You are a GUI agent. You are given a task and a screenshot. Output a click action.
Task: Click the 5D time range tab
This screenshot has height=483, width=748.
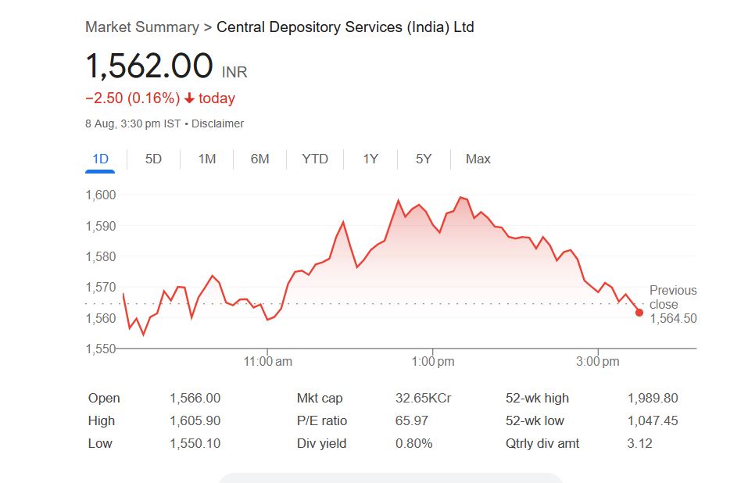[x=153, y=159]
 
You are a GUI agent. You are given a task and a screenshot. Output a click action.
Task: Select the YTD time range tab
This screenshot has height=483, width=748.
[x=315, y=159]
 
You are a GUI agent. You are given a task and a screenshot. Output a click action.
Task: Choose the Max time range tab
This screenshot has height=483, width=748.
[x=478, y=159]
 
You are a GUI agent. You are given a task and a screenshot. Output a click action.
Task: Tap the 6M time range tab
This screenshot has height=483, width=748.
[x=259, y=159]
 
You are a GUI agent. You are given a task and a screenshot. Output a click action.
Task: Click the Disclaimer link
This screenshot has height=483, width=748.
[x=217, y=123]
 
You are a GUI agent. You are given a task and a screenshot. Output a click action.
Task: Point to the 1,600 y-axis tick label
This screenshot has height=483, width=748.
[x=100, y=195]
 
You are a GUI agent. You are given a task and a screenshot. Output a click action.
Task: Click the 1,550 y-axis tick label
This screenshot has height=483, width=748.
[x=100, y=349]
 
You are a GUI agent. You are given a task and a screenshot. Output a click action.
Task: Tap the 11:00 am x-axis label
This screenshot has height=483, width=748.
[x=268, y=362]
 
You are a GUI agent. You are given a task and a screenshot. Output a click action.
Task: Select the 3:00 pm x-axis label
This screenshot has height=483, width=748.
[x=599, y=362]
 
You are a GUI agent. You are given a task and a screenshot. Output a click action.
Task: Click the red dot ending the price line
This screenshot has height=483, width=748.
[x=639, y=313]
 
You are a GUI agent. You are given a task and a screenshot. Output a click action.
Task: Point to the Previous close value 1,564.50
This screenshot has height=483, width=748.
[x=673, y=319]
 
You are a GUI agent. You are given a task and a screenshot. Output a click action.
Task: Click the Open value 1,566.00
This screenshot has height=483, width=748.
[x=195, y=398]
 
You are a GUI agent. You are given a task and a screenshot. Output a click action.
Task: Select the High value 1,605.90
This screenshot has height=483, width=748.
[x=195, y=420]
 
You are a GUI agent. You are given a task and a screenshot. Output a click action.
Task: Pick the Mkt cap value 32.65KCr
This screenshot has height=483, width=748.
[x=423, y=398]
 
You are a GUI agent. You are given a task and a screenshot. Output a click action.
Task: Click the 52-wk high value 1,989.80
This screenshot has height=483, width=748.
[x=653, y=398]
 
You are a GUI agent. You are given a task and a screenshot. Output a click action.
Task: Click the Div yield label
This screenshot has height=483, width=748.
[x=321, y=443]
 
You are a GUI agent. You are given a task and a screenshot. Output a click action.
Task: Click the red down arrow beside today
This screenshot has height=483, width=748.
[x=189, y=98]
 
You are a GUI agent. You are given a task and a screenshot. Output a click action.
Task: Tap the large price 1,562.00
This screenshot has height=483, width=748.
[x=149, y=66]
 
